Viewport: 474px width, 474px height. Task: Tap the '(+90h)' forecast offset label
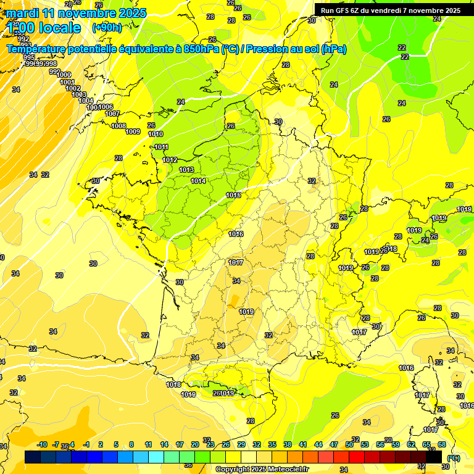[106, 27]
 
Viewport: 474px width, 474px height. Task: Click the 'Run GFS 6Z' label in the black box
[342, 10]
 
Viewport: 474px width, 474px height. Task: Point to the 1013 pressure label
[186, 170]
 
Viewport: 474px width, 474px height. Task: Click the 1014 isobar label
[198, 181]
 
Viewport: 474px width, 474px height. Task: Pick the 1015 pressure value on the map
[233, 195]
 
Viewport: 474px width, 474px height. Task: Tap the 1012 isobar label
[170, 160]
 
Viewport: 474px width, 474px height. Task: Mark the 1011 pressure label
[162, 147]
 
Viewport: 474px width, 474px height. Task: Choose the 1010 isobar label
[156, 134]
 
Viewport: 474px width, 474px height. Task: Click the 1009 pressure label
[133, 131]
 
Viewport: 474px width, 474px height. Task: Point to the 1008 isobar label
[118, 126]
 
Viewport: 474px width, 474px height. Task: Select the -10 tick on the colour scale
[43, 444]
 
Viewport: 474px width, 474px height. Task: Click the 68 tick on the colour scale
[442, 444]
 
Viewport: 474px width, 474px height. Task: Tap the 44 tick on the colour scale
[318, 444]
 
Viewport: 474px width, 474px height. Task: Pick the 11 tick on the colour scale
[148, 444]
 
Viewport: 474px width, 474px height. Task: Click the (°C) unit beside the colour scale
[454, 458]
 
